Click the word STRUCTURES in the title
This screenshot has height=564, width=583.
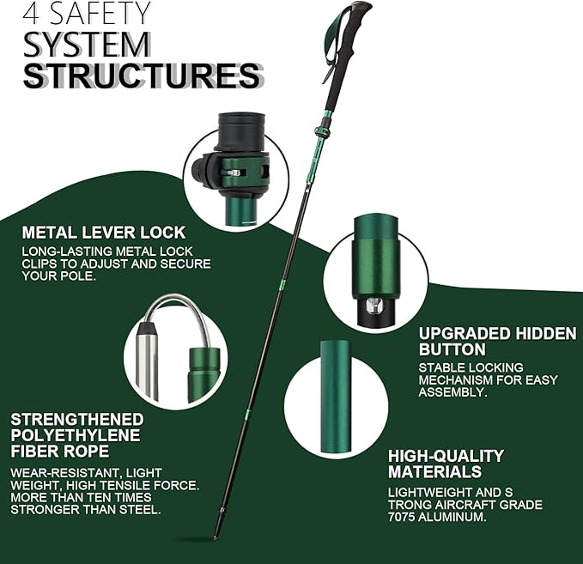(142, 76)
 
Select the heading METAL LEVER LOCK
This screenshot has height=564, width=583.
(103, 233)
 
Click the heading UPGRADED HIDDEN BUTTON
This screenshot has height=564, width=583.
(496, 341)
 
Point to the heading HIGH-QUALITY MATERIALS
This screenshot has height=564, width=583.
(446, 464)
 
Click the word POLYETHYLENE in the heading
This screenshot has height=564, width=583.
(76, 434)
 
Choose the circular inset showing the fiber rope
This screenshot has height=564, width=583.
(176, 349)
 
